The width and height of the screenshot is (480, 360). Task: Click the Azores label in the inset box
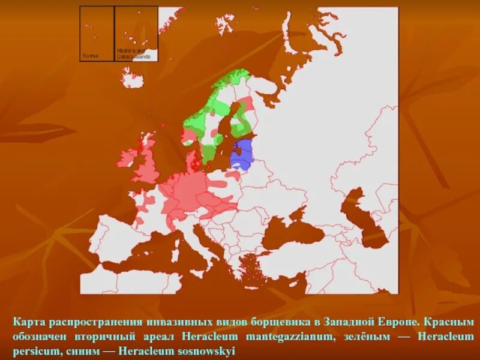tap(89, 55)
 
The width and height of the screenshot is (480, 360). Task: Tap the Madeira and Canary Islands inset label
tap(137, 54)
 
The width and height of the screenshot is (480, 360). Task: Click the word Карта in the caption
tap(28, 322)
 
